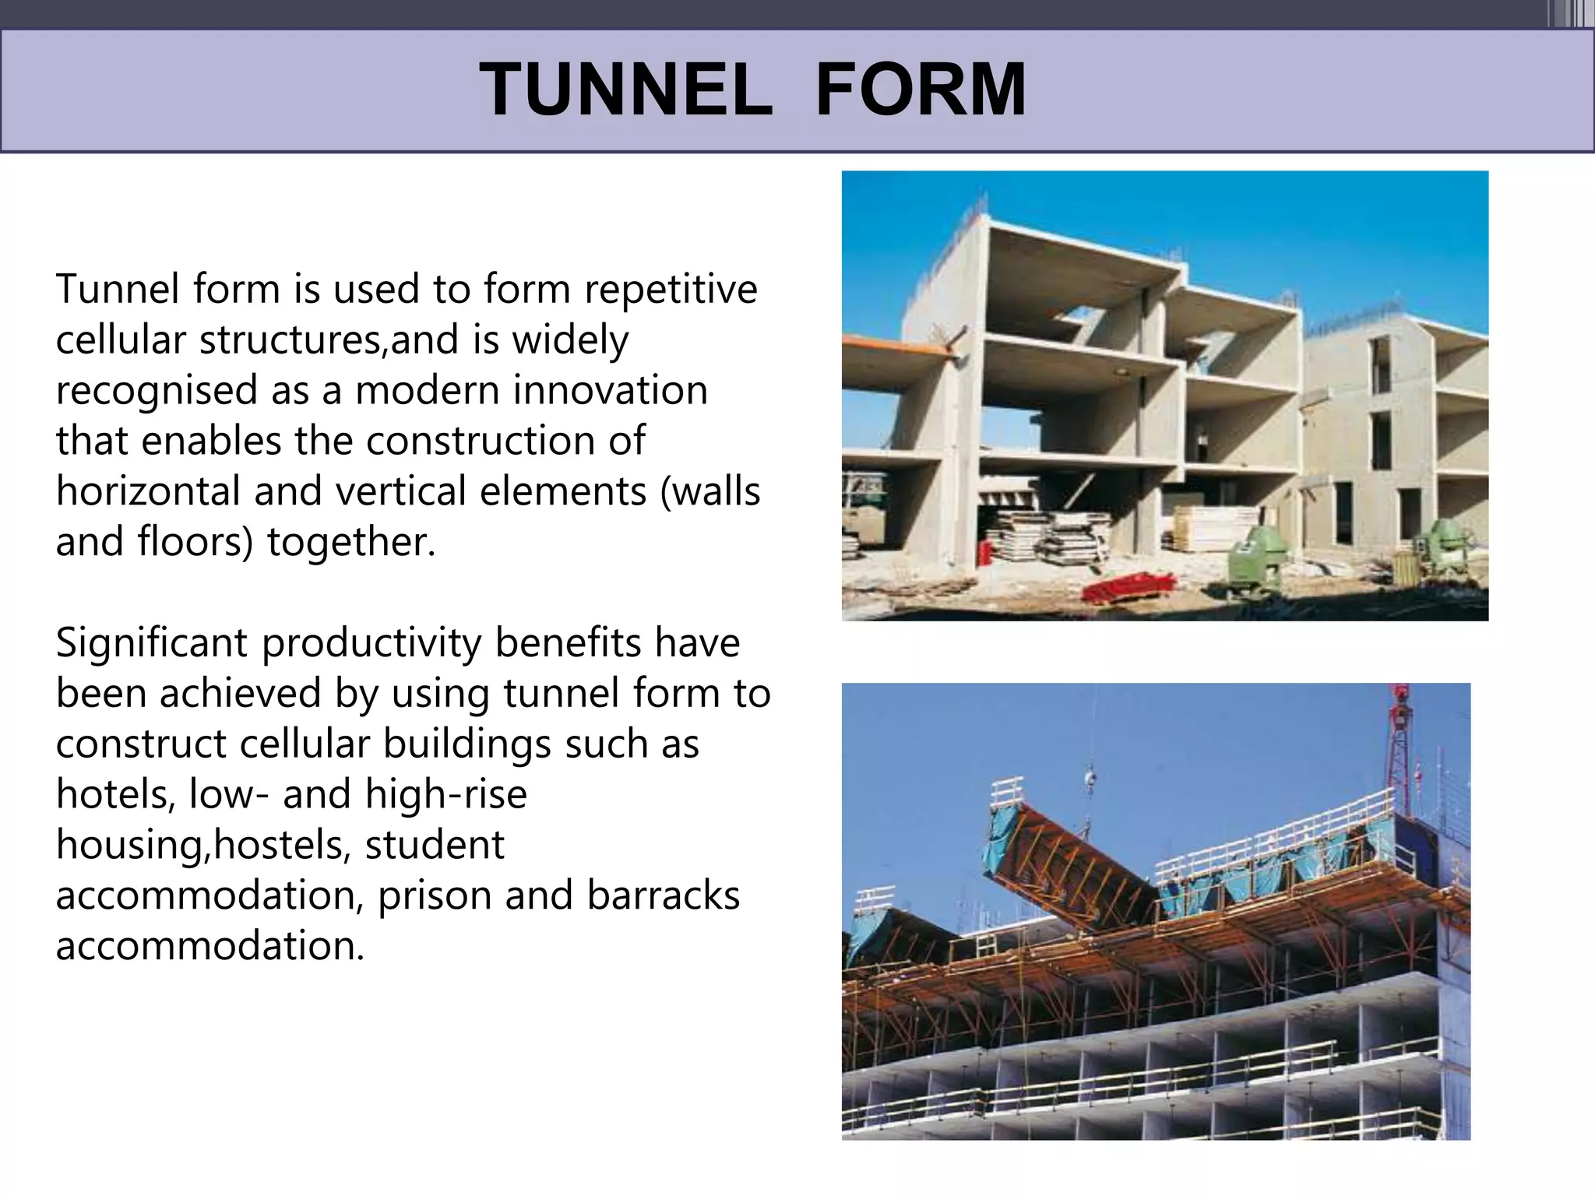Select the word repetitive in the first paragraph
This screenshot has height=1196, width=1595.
[671, 289]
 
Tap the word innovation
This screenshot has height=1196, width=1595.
[610, 390]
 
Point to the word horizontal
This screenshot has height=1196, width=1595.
[148, 491]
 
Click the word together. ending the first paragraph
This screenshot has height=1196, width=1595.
[350, 542]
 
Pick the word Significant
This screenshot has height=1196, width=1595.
[152, 643]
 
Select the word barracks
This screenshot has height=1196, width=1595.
[663, 895]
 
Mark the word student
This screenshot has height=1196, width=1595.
[434, 845]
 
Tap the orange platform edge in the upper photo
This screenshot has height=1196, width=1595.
[896, 345]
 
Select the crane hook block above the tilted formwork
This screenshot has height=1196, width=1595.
[1090, 776]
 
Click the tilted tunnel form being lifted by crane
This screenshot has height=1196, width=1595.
[1075, 864]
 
